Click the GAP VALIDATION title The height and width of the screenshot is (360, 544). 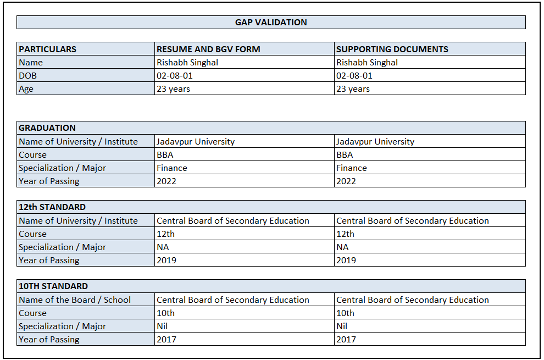tap(271, 23)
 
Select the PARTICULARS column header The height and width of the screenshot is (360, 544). tap(48, 49)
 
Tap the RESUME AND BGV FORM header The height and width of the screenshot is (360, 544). tap(208, 49)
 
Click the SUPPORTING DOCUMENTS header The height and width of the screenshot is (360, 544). tap(392, 49)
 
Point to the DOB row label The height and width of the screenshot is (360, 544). tap(27, 76)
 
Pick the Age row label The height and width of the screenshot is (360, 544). tap(26, 89)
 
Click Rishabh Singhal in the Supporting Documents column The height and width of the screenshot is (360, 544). tap(367, 63)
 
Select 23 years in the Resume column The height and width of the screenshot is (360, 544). tap(174, 89)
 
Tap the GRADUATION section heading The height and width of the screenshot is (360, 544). tap(47, 128)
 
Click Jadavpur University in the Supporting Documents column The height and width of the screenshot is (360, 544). tap(375, 142)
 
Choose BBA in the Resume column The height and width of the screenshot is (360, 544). tap(165, 155)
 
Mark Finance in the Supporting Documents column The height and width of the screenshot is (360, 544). tap(352, 168)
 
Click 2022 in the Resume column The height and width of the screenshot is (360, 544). tap(166, 181)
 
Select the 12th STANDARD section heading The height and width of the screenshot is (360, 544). tap(52, 207)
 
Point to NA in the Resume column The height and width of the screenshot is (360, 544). tap(163, 247)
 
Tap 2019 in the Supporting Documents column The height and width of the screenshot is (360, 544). tap(346, 261)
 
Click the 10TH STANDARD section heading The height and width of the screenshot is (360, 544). tap(53, 286)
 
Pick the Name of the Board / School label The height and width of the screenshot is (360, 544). tap(75, 300)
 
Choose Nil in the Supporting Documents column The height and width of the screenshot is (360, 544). tap(342, 326)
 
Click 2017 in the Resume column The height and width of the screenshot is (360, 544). tap(166, 340)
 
